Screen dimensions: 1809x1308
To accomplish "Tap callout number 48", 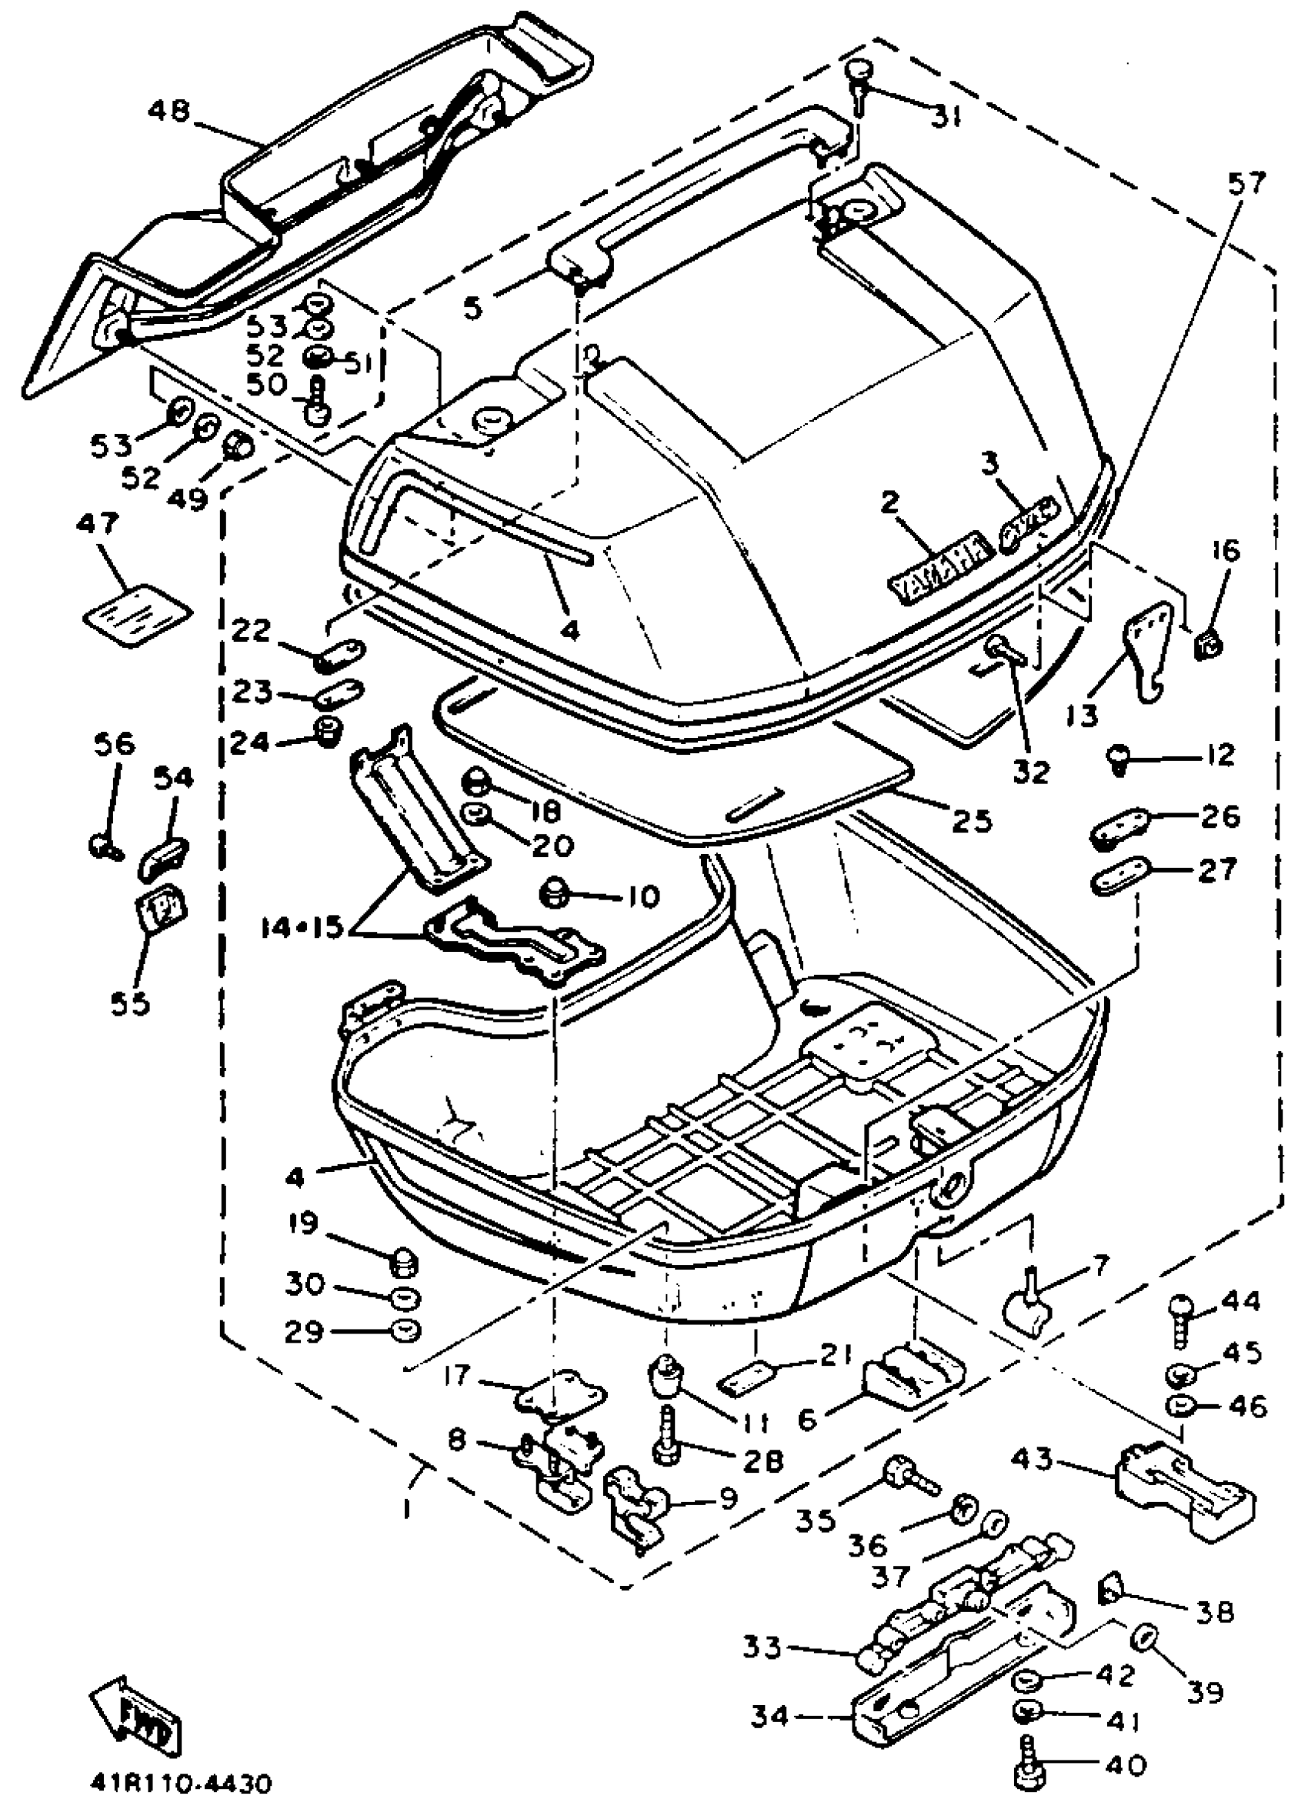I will coord(169,111).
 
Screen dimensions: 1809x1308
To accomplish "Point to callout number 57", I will coord(1246,184).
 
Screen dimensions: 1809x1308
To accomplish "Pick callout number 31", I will coord(946,117).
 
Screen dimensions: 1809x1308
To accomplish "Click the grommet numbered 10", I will coord(556,893).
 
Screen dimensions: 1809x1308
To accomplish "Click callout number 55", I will coord(130,1003).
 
